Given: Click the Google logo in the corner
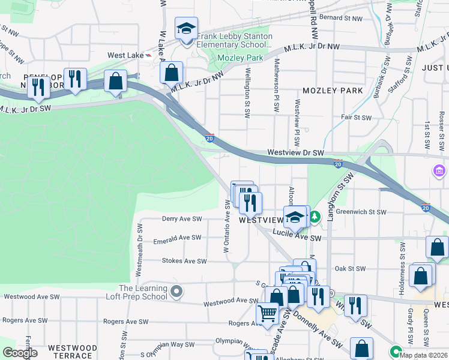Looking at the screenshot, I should pos(20,353).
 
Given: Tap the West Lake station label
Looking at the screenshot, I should pos(125,55).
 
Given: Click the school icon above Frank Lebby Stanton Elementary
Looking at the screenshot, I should pos(186,28).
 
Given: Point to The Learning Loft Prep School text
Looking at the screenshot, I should pos(143,292).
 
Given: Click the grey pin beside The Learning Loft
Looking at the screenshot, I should pos(176,292).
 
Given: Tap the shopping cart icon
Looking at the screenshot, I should pos(267,313).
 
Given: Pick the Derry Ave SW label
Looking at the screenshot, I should pos(182,219).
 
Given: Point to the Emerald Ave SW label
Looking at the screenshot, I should pos(177,238).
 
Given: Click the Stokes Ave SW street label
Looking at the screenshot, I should pos(184,261).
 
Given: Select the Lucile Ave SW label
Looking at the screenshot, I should pos(297,238).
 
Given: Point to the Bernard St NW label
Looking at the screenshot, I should pos(341,19).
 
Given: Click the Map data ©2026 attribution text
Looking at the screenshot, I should pos(424,355).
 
